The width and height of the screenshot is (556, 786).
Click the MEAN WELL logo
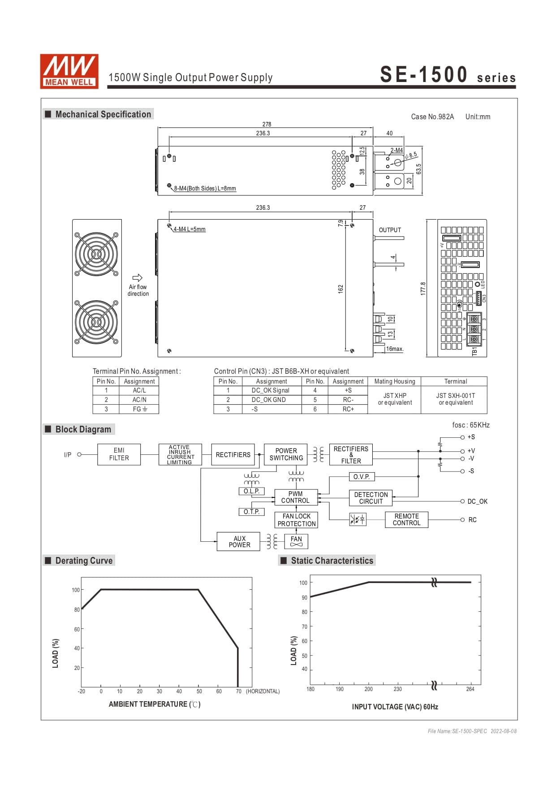click(x=69, y=71)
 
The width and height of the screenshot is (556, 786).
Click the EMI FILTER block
click(x=119, y=454)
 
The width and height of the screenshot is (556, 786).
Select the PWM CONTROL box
click(x=296, y=497)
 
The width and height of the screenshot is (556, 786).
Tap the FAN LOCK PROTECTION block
click(x=296, y=520)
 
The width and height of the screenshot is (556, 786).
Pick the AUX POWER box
click(x=239, y=542)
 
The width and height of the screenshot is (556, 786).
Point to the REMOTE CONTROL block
click(x=406, y=520)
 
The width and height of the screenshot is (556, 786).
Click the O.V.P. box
click(x=362, y=477)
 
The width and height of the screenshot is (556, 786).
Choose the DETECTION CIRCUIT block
click(x=371, y=498)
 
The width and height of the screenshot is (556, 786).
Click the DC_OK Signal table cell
click(x=271, y=390)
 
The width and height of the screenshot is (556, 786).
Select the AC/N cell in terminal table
click(x=139, y=400)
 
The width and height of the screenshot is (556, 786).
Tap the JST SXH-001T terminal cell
click(x=455, y=399)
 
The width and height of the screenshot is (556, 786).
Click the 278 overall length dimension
click(x=267, y=124)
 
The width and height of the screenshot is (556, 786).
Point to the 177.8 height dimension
click(x=423, y=288)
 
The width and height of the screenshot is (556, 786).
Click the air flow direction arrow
click(x=138, y=278)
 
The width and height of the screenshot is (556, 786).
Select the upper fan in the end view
click(x=96, y=254)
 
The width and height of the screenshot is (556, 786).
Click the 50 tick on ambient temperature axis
click(x=199, y=691)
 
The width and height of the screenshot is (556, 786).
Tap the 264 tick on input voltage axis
click(x=470, y=689)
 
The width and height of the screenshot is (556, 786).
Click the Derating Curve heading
click(x=84, y=561)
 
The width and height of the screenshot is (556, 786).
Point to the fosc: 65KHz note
click(x=471, y=425)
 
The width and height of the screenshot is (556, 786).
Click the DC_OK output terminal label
click(x=477, y=501)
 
